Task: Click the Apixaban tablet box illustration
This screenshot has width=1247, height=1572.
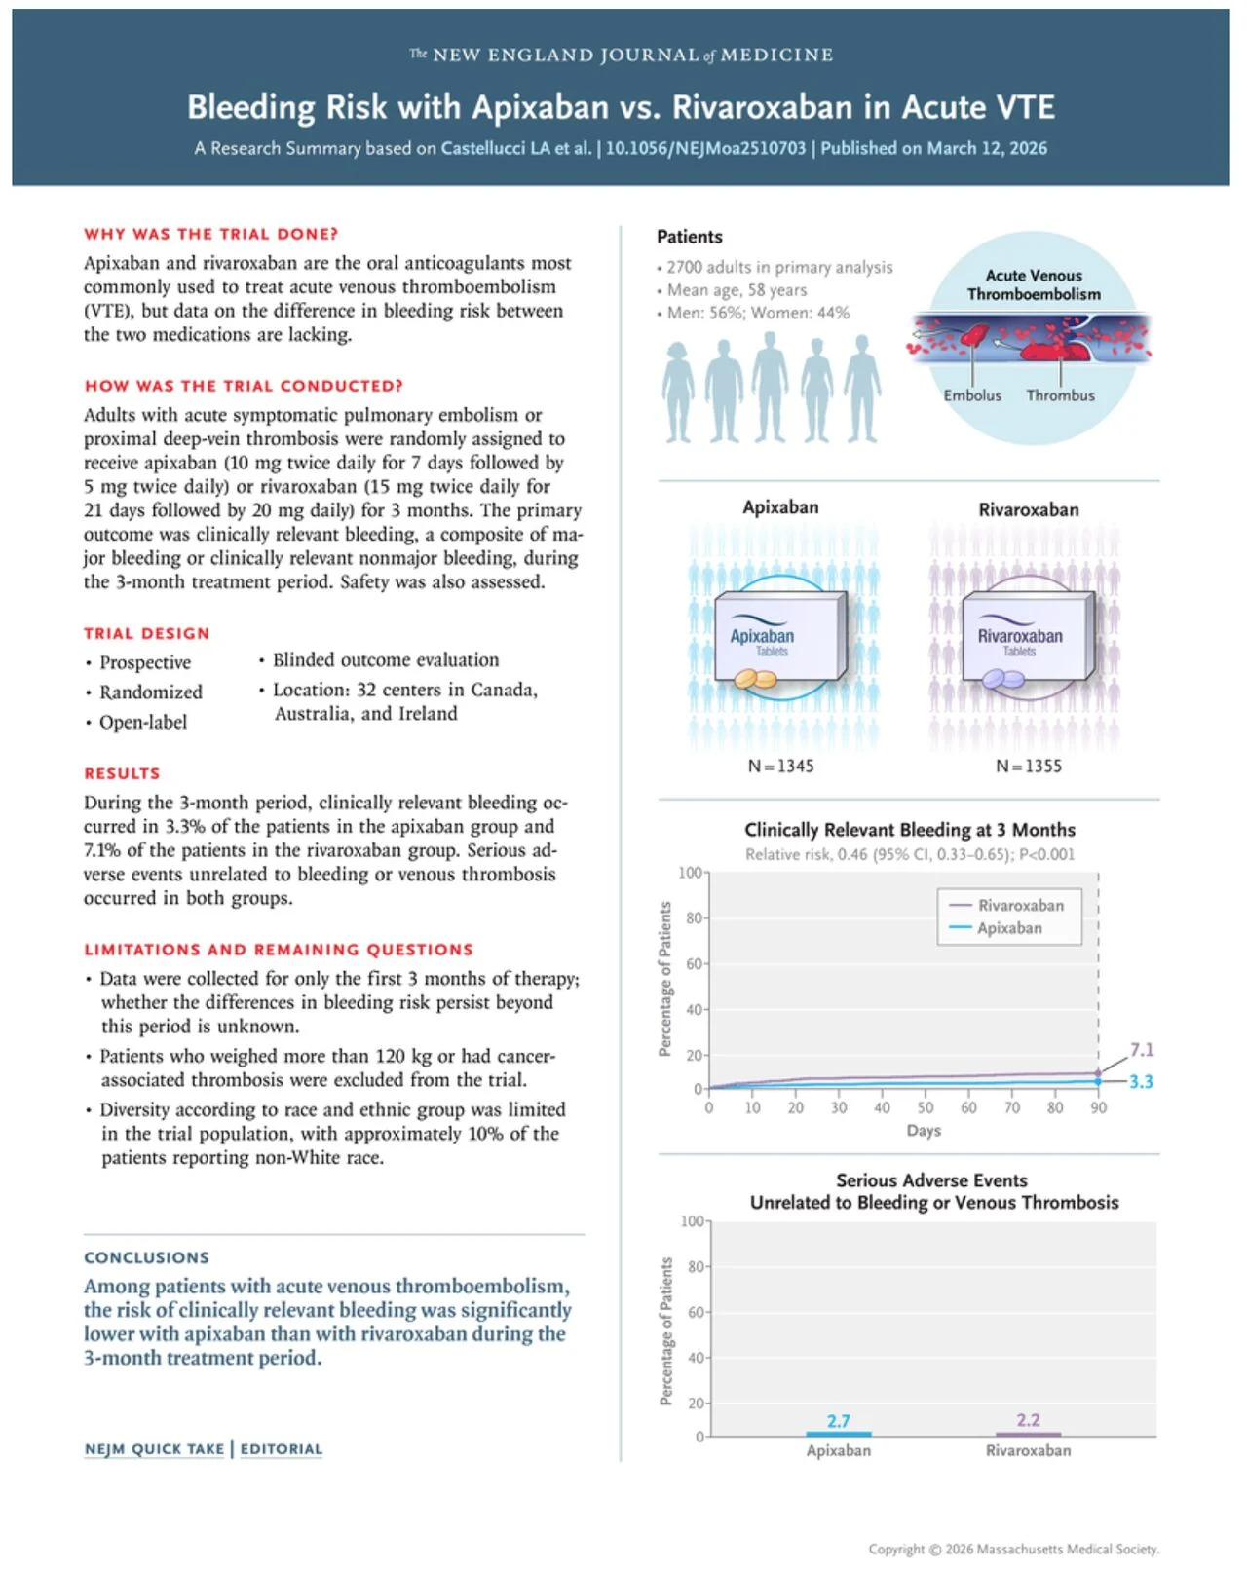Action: (779, 638)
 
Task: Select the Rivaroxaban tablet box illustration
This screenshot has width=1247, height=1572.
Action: (1027, 638)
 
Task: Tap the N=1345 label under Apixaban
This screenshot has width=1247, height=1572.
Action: (780, 766)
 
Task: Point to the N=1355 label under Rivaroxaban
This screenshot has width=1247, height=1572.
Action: (1028, 766)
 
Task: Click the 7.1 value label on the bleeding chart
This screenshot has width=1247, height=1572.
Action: (1141, 1049)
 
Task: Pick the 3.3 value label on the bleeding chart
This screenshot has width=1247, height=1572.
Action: (1141, 1081)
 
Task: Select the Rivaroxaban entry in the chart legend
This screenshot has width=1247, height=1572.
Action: (1020, 905)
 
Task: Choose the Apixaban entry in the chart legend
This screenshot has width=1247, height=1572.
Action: (1009, 928)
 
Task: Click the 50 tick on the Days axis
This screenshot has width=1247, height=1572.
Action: (925, 1107)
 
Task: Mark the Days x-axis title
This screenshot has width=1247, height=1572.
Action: (924, 1130)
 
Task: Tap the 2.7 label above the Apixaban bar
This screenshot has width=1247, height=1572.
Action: (838, 1420)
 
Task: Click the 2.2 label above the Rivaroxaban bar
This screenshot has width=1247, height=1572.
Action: (1028, 1419)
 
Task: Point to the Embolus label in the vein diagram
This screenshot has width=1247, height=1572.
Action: (971, 394)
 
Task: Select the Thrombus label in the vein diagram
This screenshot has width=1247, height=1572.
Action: (1060, 394)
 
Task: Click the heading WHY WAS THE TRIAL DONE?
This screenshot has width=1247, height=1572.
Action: (210, 234)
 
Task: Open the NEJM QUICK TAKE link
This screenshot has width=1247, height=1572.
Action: (154, 1448)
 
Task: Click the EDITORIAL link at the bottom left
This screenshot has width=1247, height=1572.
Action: (281, 1448)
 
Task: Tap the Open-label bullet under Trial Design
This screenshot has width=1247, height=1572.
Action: (142, 722)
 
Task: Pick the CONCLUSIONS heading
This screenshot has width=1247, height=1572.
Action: (146, 1257)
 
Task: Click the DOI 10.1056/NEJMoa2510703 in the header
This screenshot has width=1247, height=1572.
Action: (705, 148)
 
